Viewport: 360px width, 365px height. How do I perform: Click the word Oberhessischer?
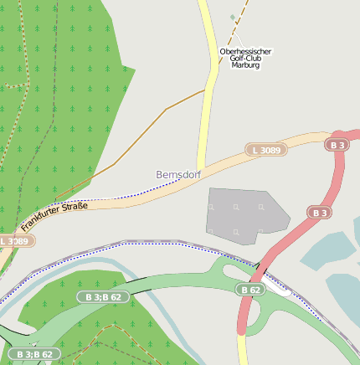pyautogui.click(x=245, y=51)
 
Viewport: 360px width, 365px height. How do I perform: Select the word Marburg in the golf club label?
pyautogui.click(x=245, y=65)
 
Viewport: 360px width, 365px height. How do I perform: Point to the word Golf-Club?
pyautogui.click(x=245, y=58)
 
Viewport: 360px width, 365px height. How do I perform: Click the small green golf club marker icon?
pyautogui.click(x=233, y=17)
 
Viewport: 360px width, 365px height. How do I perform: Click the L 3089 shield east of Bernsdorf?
pyautogui.click(x=267, y=150)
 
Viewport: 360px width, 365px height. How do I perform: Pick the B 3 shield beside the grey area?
pyautogui.click(x=319, y=213)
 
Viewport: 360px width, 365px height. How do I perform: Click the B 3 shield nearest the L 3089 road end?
pyautogui.click(x=337, y=145)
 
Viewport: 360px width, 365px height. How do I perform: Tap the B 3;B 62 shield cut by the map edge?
pyautogui.click(x=33, y=355)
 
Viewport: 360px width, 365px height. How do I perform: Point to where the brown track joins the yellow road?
pyautogui.click(x=205, y=90)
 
